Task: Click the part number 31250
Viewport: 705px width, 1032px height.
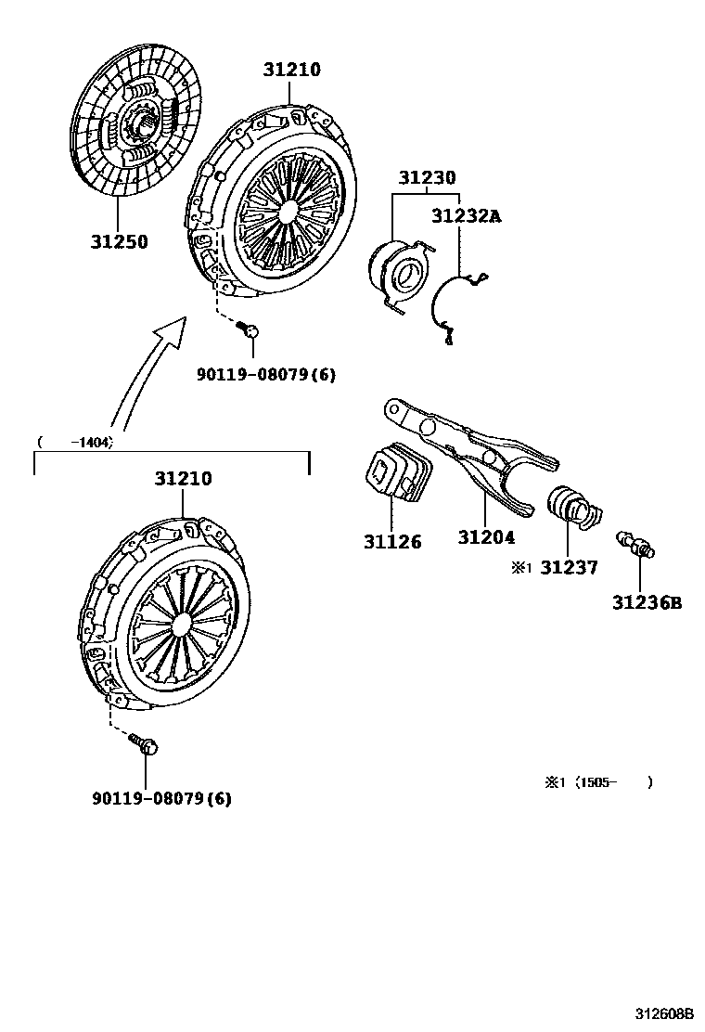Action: tap(119, 242)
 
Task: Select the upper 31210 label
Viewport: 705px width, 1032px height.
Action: tap(290, 70)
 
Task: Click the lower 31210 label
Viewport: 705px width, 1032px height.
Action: tap(183, 480)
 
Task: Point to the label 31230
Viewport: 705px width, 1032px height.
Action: tap(428, 177)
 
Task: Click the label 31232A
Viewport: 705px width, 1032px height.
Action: tap(466, 216)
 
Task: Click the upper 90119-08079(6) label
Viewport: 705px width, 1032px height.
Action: tap(265, 375)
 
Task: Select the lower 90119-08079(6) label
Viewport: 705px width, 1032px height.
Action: tap(161, 798)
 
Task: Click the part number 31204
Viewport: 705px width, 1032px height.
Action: tap(486, 537)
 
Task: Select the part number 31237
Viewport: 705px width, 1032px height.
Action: tap(569, 567)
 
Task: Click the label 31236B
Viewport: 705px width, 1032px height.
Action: tap(646, 603)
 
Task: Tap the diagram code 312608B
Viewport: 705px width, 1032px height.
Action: tap(664, 1014)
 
